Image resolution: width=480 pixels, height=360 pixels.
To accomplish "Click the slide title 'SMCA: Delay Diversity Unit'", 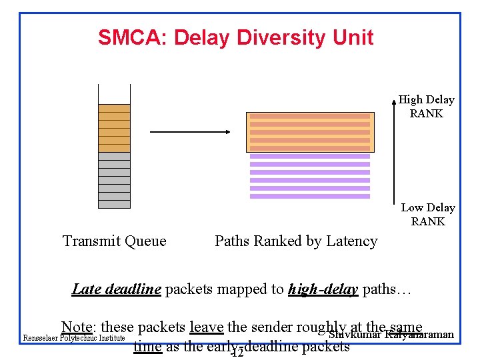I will coord(235,37).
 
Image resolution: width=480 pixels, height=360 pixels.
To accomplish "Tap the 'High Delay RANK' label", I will coord(426,107).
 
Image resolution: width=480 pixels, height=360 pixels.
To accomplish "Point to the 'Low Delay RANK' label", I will coord(427,215).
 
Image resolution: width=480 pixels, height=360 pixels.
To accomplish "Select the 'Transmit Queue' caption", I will coord(114,241).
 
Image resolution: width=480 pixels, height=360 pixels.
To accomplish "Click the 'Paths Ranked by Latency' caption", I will coord(296,241).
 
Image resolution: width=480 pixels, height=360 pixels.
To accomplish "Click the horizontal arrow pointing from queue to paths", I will coord(189,132).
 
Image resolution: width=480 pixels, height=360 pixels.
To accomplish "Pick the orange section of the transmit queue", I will coord(114,128).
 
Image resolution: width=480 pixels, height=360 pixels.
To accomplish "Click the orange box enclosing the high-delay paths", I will coord(310,132).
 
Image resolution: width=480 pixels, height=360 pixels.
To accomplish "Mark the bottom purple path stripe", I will coord(309,196).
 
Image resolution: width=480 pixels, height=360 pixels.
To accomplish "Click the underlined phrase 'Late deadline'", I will coord(116,289).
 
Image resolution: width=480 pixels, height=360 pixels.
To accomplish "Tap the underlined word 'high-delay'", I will coord(323,289).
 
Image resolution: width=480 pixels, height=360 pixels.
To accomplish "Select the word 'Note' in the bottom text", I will coord(76,327).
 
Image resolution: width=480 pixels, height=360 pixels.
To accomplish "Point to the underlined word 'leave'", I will coord(206,327).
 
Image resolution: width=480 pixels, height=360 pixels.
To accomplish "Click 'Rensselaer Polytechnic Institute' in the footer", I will coord(74,338).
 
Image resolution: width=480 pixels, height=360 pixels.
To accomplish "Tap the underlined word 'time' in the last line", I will coord(147,347).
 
